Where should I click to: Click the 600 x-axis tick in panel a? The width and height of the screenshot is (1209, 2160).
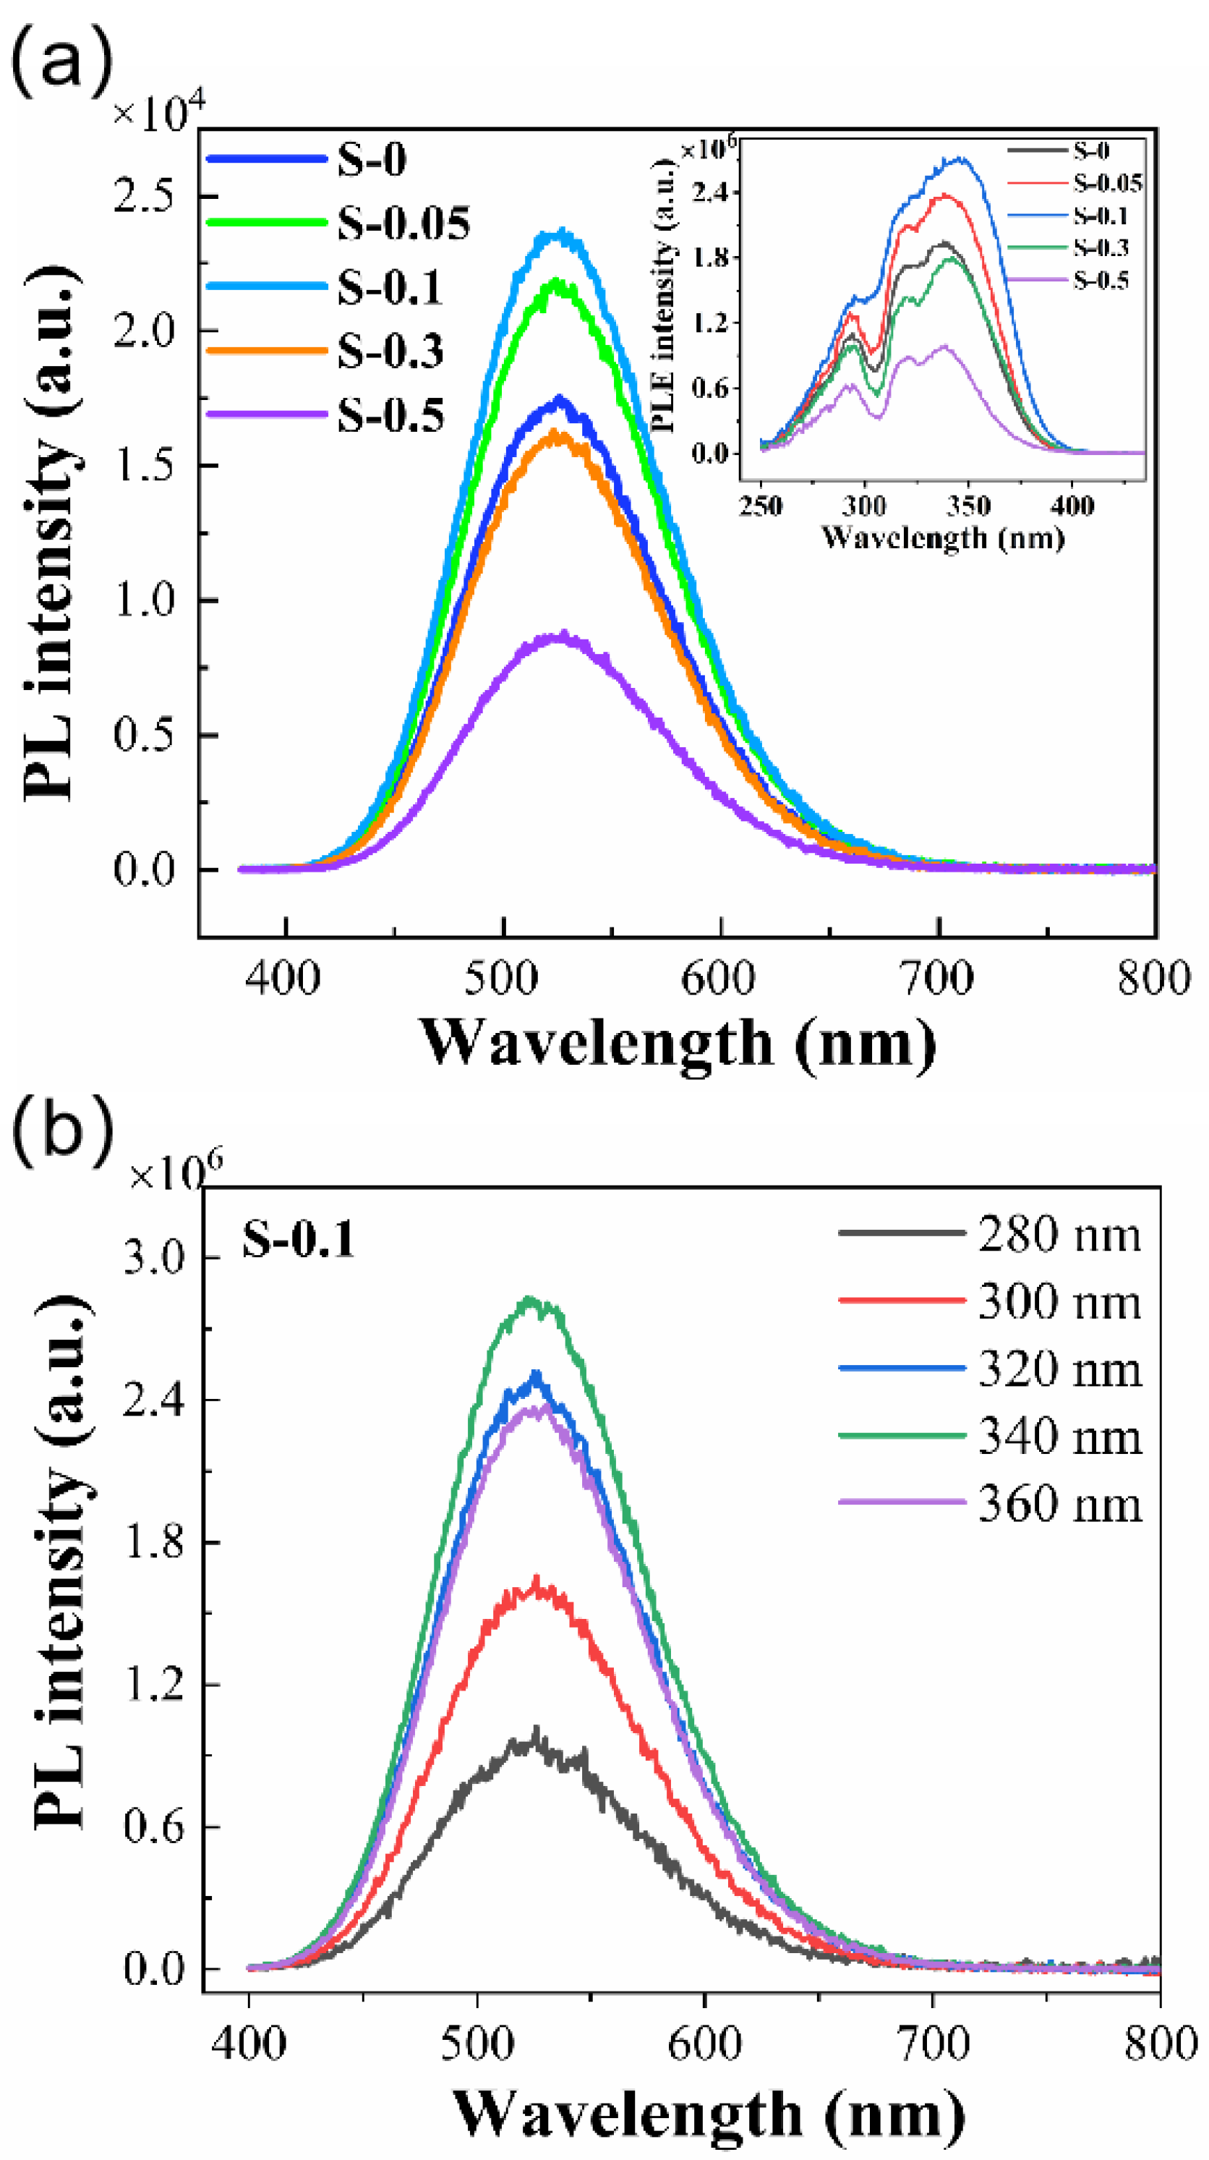click(x=719, y=979)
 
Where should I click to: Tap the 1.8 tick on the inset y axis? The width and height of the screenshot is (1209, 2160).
click(x=710, y=258)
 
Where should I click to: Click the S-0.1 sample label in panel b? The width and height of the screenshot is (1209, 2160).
click(x=299, y=1240)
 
